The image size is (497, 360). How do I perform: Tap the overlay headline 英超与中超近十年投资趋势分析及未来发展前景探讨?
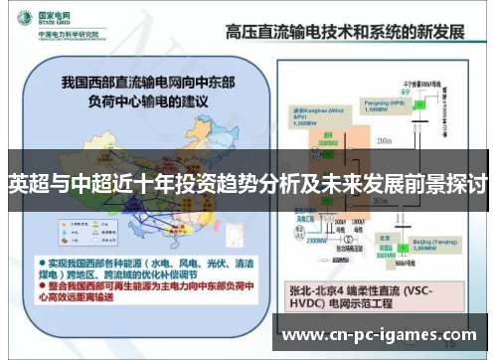248,185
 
